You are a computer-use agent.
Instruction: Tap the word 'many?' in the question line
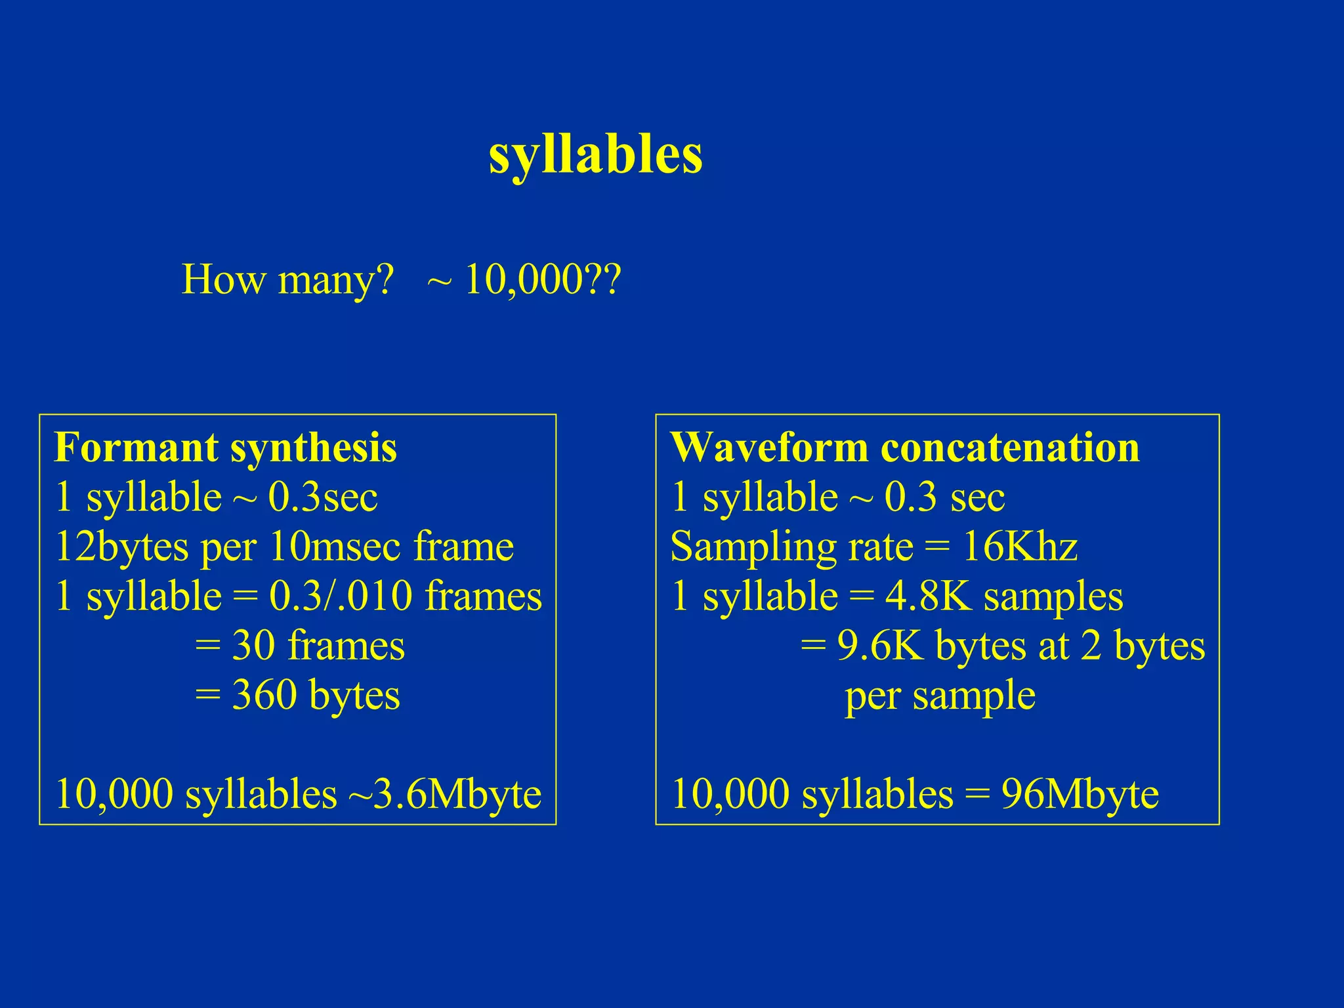(x=335, y=281)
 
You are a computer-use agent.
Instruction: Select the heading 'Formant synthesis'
(x=226, y=448)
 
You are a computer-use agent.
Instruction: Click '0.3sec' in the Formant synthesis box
(x=323, y=497)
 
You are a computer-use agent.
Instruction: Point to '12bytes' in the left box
(x=122, y=547)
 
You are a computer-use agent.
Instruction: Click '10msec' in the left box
(x=335, y=547)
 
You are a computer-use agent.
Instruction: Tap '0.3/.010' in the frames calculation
(x=341, y=596)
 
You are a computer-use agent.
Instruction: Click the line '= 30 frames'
(x=300, y=645)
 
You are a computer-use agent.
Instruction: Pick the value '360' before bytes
(x=264, y=695)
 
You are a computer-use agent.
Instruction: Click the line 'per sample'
(x=940, y=696)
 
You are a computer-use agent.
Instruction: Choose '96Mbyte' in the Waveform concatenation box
(x=1080, y=794)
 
